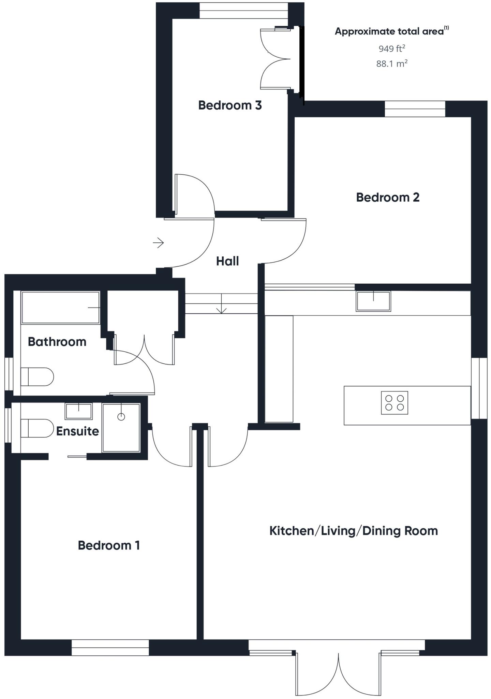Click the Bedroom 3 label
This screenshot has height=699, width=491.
[x=230, y=105]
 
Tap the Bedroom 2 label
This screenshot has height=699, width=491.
[x=388, y=197]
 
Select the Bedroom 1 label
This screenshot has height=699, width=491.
[x=109, y=545]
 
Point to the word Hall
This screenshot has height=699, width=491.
[x=227, y=261]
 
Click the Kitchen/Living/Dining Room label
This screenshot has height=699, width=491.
[x=354, y=531]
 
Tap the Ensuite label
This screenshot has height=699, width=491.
[x=77, y=431]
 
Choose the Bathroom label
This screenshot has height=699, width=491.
[x=57, y=342]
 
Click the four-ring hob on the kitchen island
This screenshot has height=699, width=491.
[x=395, y=403]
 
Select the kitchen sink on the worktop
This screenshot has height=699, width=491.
[x=373, y=301]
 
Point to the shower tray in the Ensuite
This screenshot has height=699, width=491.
[x=121, y=428]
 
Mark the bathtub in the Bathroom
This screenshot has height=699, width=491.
[x=61, y=307]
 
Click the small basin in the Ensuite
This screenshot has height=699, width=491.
[x=79, y=411]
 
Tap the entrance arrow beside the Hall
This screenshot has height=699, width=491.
[x=158, y=243]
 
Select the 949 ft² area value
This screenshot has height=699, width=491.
[x=392, y=48]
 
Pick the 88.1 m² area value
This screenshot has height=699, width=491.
[x=392, y=63]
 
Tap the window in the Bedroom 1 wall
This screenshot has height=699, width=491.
[x=110, y=647]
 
